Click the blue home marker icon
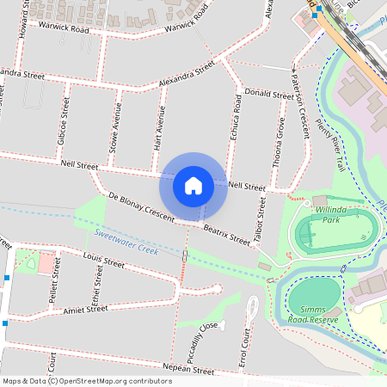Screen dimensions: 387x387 coord(193,185)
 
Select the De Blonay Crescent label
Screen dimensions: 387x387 coord(141,207)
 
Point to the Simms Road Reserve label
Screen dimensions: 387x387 coord(314,313)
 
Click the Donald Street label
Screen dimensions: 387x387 coord(268,93)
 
